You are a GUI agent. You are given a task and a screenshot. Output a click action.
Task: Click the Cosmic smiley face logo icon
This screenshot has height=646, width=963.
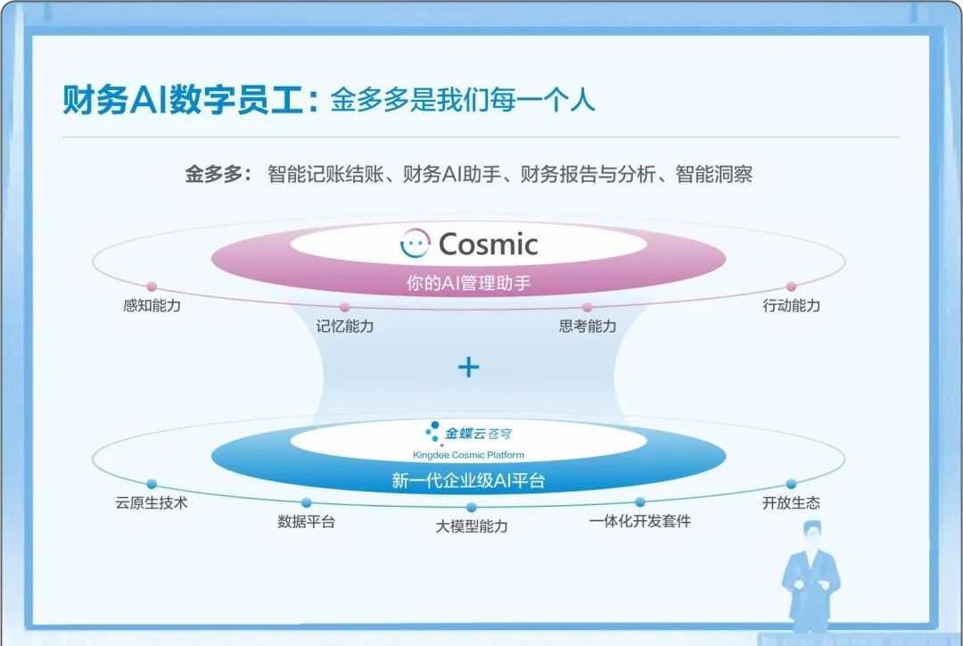[x=416, y=244]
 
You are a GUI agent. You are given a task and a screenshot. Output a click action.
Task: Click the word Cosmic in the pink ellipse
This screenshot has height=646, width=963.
[x=489, y=244]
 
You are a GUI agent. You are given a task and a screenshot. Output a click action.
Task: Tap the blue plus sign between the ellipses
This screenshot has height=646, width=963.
[x=469, y=368]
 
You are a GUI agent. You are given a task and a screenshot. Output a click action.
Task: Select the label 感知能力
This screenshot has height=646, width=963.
[x=152, y=305]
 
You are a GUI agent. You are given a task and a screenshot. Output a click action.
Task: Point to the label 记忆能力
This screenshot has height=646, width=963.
[x=344, y=326]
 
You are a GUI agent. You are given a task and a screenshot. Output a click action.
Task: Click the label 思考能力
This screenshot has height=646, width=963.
[x=587, y=326]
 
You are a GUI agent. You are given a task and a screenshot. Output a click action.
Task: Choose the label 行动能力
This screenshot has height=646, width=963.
[x=791, y=305]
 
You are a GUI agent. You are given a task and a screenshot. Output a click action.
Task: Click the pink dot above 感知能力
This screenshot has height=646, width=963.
[x=152, y=286]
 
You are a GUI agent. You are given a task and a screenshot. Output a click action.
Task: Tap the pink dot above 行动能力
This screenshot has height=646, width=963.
[x=791, y=286]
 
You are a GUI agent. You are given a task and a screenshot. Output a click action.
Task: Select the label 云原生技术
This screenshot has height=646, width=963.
[x=152, y=502]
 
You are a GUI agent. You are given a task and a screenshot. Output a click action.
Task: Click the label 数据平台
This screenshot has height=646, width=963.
[x=306, y=522]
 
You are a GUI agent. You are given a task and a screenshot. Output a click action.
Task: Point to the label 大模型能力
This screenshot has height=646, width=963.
[x=472, y=526]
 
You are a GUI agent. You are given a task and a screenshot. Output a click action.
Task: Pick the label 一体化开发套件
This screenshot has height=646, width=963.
[x=640, y=521]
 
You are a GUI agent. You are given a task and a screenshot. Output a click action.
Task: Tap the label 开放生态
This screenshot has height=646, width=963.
[x=791, y=502]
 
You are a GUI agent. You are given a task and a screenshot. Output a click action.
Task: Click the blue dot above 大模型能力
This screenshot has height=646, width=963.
[x=472, y=507]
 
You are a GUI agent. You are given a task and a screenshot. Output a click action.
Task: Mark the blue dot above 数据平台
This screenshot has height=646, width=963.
[x=307, y=502]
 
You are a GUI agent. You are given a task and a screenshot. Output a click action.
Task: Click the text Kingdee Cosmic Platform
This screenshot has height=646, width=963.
[x=469, y=455]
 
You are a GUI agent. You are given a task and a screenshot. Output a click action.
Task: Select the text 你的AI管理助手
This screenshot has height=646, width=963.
[x=469, y=283]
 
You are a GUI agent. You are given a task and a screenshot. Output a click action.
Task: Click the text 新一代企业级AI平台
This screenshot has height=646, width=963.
[x=469, y=481]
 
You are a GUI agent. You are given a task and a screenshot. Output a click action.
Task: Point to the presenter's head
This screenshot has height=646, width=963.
[x=812, y=534]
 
